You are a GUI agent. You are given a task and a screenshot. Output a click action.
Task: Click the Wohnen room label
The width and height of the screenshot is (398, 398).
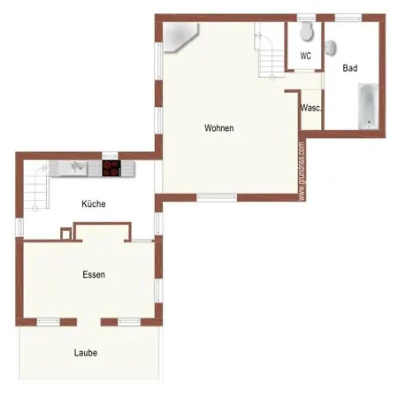click(x=219, y=128)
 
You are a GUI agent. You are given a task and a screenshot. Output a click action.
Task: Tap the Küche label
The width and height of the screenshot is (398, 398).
click(x=94, y=203)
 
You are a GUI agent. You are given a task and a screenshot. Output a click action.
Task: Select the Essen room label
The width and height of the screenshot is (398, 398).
click(x=94, y=274)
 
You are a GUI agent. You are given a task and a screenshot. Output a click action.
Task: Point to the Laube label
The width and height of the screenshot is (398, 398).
click(x=86, y=353)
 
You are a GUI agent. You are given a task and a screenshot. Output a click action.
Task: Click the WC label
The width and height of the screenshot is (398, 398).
click(x=305, y=56)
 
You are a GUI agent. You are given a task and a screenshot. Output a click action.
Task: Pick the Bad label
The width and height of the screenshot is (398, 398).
click(x=350, y=68)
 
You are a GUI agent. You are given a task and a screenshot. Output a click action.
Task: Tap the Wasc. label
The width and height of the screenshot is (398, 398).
click(x=310, y=108)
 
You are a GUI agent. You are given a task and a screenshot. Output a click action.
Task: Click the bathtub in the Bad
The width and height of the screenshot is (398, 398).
click(x=368, y=106)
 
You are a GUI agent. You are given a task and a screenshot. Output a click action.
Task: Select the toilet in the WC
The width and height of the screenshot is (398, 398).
click(x=306, y=31)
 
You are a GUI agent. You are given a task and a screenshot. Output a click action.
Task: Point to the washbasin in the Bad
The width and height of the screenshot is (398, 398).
click(x=331, y=48)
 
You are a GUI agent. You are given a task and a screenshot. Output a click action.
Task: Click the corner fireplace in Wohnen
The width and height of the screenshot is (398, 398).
click(x=180, y=36)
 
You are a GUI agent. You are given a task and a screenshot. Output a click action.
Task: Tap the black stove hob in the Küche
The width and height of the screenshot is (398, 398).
click(x=111, y=168)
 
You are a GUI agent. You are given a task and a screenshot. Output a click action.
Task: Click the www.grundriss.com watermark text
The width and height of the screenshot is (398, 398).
click(x=302, y=172)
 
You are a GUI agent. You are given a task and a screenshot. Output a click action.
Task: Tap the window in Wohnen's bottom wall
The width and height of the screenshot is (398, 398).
click(x=217, y=197)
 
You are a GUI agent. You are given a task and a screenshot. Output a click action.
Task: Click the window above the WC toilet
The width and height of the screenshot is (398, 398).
click(x=306, y=18)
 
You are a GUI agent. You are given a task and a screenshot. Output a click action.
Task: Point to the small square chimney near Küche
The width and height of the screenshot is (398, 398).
click(x=65, y=233)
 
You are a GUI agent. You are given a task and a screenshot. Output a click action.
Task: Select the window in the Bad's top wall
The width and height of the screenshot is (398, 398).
click(x=348, y=18)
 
